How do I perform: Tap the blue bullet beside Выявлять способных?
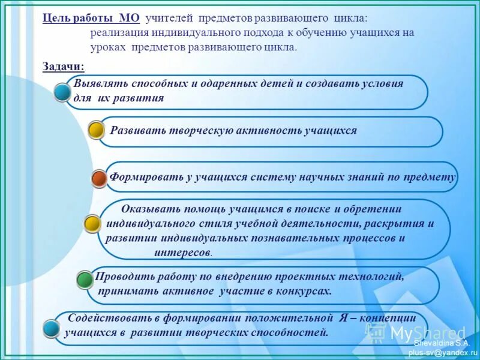[62, 92]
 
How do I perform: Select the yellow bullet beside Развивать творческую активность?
[97, 130]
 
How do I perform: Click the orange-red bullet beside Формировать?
[100, 178]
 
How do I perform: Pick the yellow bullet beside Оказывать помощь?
[92, 224]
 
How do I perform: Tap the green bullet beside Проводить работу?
[85, 278]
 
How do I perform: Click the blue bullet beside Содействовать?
[52, 328]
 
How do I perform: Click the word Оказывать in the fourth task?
[148, 209]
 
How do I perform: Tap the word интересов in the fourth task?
[182, 253]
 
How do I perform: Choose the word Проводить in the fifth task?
[124, 277]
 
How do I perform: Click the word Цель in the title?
[53, 18]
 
